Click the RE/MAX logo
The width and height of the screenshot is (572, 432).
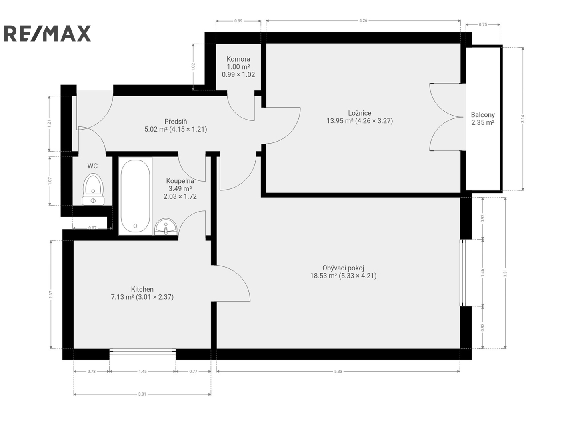(47, 33)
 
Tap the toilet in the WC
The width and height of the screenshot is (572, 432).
(93, 189)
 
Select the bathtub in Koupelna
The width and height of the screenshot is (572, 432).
(135, 196)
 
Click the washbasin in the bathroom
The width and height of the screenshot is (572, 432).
(166, 226)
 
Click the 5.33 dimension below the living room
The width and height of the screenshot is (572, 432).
(338, 371)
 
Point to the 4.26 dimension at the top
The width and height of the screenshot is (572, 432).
(363, 20)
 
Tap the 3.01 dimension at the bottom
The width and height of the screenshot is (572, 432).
(142, 394)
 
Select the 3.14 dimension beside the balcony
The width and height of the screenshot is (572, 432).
(522, 119)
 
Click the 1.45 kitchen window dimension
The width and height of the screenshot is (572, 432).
(142, 371)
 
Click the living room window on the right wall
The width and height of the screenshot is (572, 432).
(462, 272)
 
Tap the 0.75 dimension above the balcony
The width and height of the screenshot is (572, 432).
(483, 24)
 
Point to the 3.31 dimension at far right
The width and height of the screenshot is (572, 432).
(505, 273)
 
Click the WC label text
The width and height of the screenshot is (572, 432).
(92, 166)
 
